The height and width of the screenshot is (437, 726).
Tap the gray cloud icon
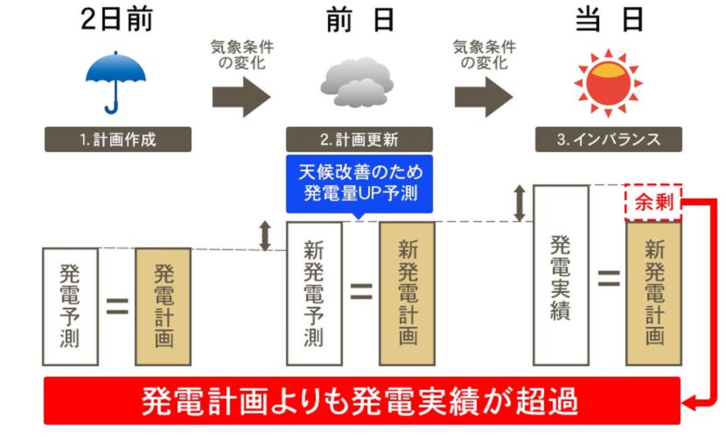tap(357, 82)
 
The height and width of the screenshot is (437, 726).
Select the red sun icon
tap(608, 83)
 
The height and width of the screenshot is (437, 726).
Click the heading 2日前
tap(116, 20)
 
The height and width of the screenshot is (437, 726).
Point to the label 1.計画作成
tap(118, 140)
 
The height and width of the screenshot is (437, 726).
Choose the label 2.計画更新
tap(359, 140)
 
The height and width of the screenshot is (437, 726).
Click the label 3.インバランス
tap(608, 140)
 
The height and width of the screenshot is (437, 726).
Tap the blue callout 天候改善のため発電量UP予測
tap(359, 183)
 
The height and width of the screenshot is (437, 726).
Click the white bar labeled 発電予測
tap(70, 306)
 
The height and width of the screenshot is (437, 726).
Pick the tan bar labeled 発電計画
tap(163, 306)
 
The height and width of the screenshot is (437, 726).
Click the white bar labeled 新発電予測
tap(314, 293)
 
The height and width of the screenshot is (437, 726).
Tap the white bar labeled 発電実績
tap(561, 275)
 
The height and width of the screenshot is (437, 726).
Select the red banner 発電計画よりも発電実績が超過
tap(362, 401)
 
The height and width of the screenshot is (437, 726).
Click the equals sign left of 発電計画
tap(117, 306)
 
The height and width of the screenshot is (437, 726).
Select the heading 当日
tap(608, 20)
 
